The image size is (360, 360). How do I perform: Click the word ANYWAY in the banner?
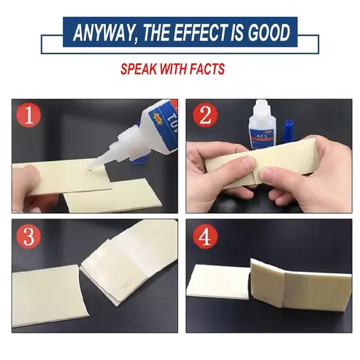[104, 32]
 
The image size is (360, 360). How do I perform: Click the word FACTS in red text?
[207, 69]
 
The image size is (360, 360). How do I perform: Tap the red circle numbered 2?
[205, 115]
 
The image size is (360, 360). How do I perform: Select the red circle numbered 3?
[29, 237]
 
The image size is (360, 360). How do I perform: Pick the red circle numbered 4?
[205, 237]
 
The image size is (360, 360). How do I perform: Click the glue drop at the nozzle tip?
[90, 168]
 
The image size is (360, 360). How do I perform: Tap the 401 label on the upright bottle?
[262, 136]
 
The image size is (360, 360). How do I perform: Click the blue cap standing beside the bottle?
[288, 132]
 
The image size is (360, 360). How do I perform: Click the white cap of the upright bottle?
[261, 109]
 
